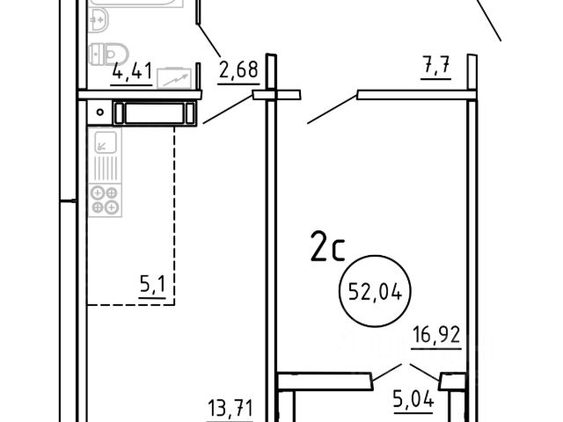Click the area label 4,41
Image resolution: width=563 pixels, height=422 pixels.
132,70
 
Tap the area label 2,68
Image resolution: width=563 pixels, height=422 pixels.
238,69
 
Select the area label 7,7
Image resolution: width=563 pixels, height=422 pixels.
435,65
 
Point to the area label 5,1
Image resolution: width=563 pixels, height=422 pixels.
152,285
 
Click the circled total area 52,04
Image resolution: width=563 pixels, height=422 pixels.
376,291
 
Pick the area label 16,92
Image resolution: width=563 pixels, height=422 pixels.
436,335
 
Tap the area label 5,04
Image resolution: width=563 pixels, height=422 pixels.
413,399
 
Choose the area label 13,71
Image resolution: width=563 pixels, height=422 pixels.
230,408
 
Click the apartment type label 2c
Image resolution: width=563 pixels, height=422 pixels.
327,246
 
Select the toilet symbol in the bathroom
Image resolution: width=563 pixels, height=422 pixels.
108,55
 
